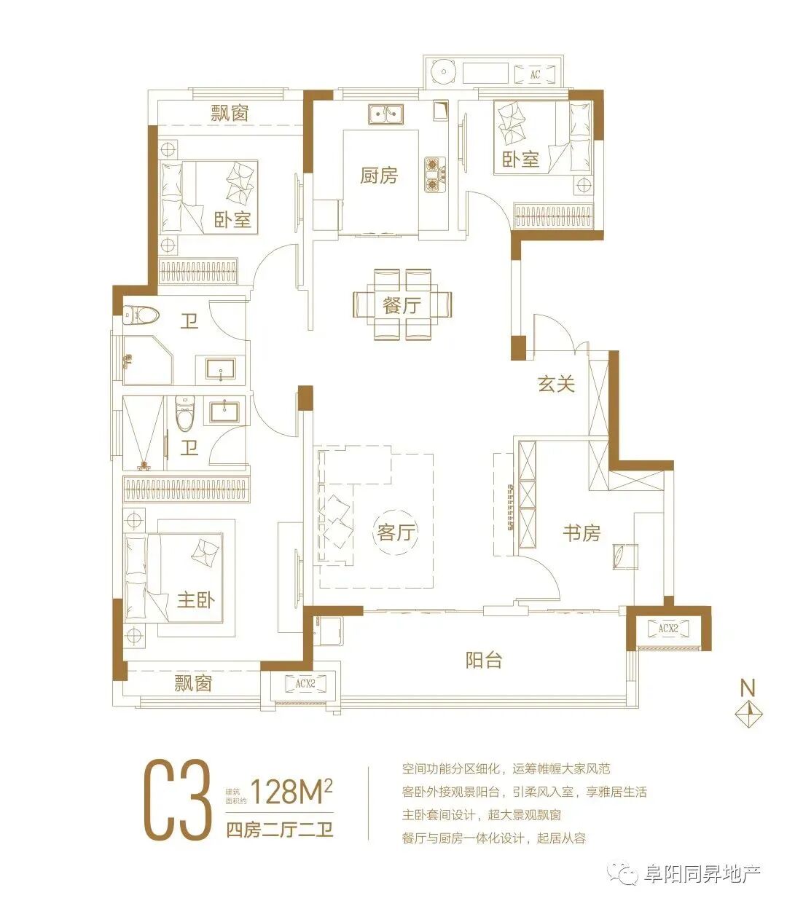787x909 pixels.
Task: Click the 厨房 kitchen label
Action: [379, 176]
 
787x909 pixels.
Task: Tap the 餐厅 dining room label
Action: [402, 304]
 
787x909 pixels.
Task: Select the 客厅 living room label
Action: [396, 532]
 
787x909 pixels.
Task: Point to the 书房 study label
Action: [582, 533]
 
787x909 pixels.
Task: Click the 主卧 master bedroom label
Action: [196, 600]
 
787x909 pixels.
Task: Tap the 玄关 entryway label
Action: [556, 383]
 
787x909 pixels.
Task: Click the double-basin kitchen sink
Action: [385, 114]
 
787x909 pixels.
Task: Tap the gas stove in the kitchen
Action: [435, 175]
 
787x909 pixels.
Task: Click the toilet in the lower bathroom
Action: [185, 413]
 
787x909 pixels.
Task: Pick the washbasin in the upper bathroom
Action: [221, 369]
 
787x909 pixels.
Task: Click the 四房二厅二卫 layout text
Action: [280, 830]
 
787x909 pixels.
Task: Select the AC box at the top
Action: [534, 74]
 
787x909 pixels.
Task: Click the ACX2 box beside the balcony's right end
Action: [668, 629]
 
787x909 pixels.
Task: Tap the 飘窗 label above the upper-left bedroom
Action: [230, 113]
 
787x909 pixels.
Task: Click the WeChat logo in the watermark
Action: [623, 872]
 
